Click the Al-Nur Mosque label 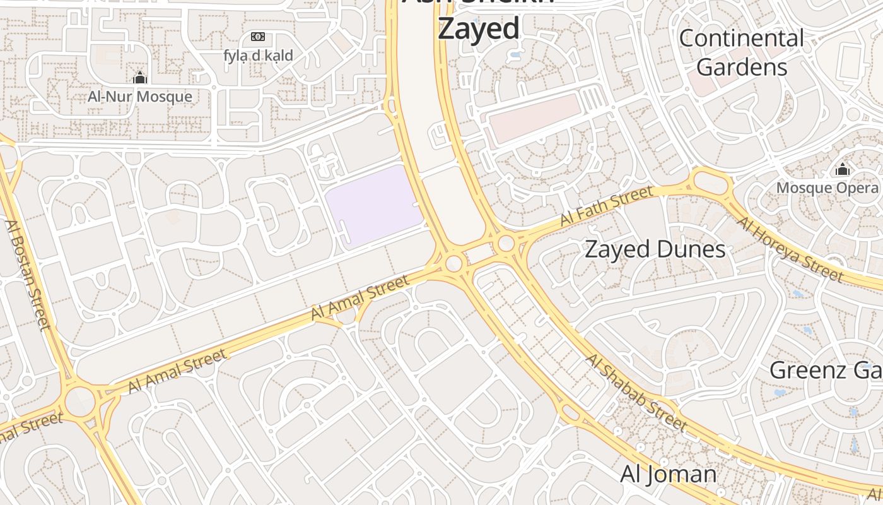click(139, 97)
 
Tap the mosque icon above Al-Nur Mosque click(139, 78)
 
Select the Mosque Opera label click(827, 188)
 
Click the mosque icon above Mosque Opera click(842, 169)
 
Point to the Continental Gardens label click(742, 52)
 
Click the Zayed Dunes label click(655, 249)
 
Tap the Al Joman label click(668, 474)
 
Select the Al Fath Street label click(606, 206)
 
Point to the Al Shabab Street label click(636, 392)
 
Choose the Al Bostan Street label click(27, 275)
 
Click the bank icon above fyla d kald click(258, 37)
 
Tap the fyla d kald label click(258, 56)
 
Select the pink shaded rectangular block click(533, 118)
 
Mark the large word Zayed click(479, 28)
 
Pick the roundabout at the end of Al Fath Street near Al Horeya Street click(712, 182)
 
